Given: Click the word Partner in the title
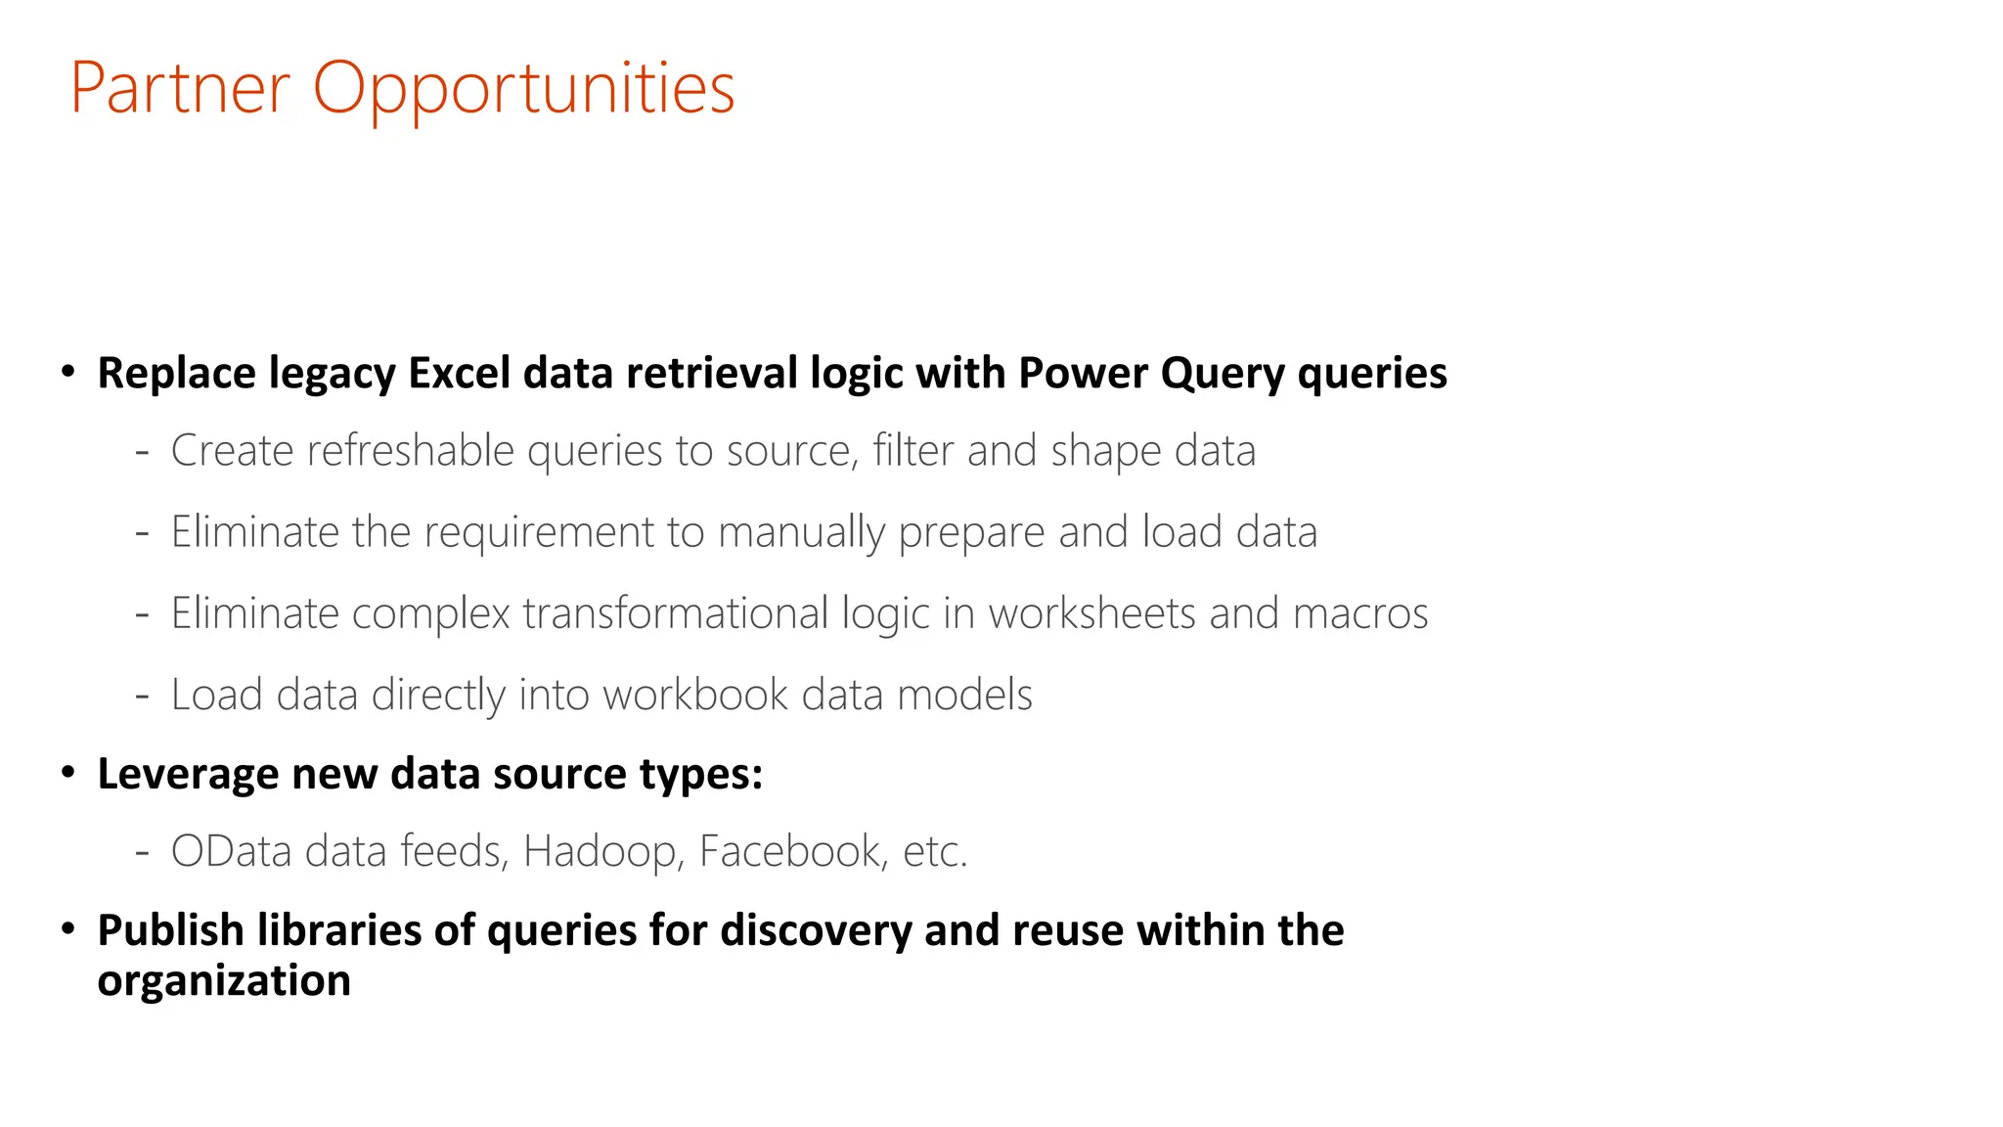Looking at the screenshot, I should click(180, 89).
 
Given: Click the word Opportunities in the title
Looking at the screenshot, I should click(523, 89).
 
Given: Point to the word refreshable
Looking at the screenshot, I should click(410, 451).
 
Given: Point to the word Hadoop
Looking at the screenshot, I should click(599, 852).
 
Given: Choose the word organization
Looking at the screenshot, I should click(224, 981).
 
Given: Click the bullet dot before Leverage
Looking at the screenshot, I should click(67, 773).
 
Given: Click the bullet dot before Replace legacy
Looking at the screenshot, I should click(67, 372).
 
